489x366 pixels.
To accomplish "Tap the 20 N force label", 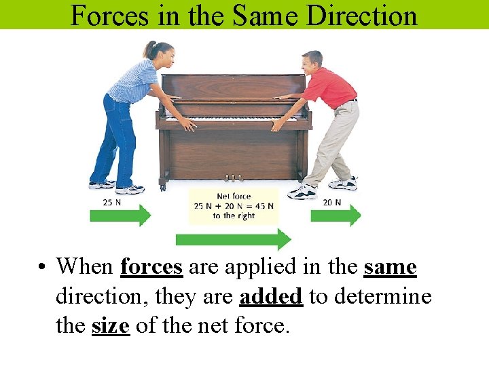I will pyautogui.click(x=332, y=202).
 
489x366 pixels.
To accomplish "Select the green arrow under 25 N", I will pyautogui.click(x=120, y=216).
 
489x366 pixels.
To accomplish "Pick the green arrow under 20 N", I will pyautogui.click(x=336, y=216).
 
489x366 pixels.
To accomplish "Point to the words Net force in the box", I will pyautogui.click(x=233, y=197).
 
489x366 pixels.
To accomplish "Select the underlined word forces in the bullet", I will pyautogui.click(x=151, y=267).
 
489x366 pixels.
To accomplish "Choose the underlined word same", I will pyautogui.click(x=390, y=267).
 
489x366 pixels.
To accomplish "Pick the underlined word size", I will pyautogui.click(x=110, y=327).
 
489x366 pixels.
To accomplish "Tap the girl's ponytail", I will pyautogui.click(x=147, y=49).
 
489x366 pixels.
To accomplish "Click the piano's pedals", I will pyautogui.click(x=233, y=178).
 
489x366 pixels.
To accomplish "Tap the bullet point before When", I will pyautogui.click(x=43, y=268).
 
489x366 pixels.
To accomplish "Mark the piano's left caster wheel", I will pyautogui.click(x=163, y=184).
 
